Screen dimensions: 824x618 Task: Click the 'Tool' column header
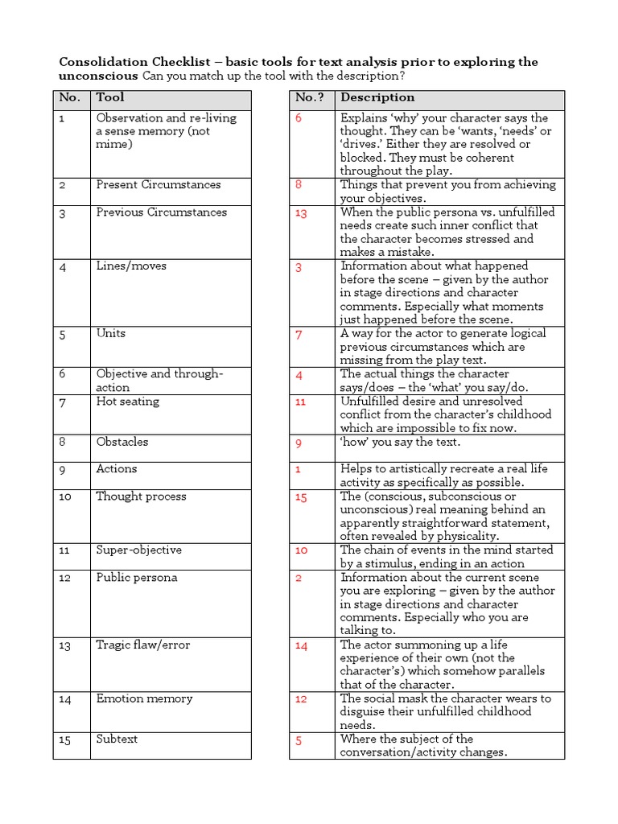pyautogui.click(x=110, y=98)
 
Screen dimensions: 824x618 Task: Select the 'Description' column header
pyautogui.click(x=377, y=98)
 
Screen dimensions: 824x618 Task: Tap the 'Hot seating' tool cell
pyautogui.click(x=128, y=402)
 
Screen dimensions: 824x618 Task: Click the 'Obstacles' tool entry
pyautogui.click(x=122, y=442)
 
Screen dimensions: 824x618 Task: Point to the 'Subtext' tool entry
pyautogui.click(x=117, y=739)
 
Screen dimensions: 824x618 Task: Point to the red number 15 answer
pyautogui.click(x=301, y=498)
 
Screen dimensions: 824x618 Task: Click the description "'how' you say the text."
pyautogui.click(x=400, y=443)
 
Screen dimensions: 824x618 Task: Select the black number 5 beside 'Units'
pyautogui.click(x=62, y=335)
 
